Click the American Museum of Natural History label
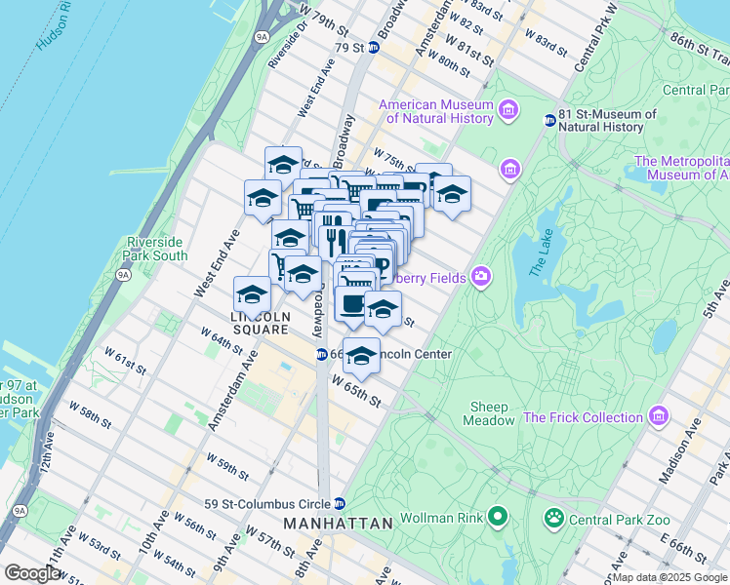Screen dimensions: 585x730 coord(434,111)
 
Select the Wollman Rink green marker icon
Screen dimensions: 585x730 coord(498,515)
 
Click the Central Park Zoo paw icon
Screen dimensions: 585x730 coord(554,515)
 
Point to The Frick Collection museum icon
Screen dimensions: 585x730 coord(659,416)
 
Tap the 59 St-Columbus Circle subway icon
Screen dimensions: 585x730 coord(339,504)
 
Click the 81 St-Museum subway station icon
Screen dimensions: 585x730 coord(549,120)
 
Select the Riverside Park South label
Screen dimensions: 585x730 coord(156,249)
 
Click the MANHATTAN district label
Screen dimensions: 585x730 coord(338,524)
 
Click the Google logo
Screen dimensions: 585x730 coord(32,573)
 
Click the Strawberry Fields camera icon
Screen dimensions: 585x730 coord(480,278)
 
